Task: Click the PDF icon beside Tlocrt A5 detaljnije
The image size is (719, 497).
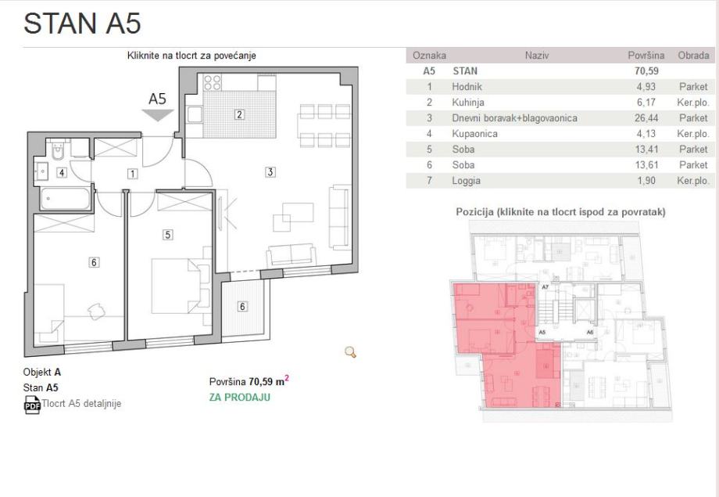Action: click(x=32, y=404)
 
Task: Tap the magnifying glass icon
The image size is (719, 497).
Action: click(x=350, y=352)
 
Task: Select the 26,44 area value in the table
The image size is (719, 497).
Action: click(x=646, y=118)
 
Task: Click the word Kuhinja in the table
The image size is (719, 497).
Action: click(x=467, y=103)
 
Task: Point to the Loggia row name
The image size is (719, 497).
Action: click(x=466, y=181)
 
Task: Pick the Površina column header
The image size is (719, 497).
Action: click(x=646, y=56)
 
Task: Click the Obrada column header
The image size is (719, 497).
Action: click(x=693, y=56)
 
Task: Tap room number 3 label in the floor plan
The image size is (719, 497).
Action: click(x=270, y=171)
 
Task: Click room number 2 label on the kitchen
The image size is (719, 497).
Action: click(x=239, y=114)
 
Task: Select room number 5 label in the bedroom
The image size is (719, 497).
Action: click(x=168, y=235)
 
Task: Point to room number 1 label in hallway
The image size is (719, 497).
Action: click(x=133, y=174)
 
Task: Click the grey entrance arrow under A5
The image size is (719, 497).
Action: click(x=157, y=115)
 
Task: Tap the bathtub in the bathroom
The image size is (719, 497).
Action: click(x=65, y=199)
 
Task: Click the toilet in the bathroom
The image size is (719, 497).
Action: click(x=57, y=150)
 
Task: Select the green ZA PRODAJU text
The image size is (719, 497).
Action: click(x=239, y=398)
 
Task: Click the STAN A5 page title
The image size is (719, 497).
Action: click(x=82, y=23)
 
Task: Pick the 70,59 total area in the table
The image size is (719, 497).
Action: click(x=646, y=71)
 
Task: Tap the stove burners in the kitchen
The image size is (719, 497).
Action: click(x=213, y=83)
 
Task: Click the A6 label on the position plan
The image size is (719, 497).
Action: click(x=590, y=332)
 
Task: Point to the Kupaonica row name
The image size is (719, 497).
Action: click(x=474, y=134)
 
